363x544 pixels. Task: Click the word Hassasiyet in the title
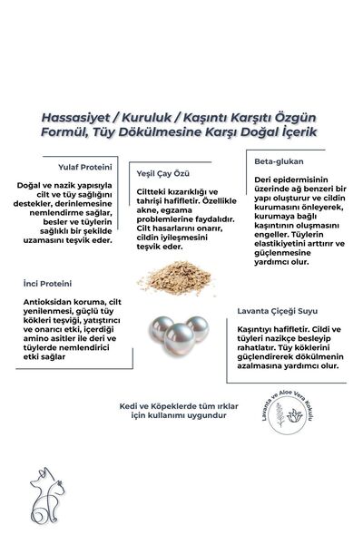point(74,117)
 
